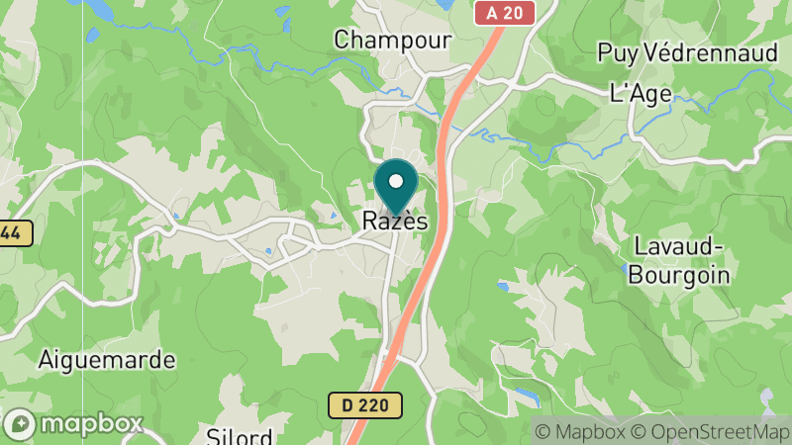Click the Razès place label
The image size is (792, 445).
pyautogui.click(x=395, y=222)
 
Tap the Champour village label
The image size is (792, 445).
pyautogui.click(x=392, y=41)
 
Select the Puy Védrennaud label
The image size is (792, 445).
pyautogui.click(x=688, y=53)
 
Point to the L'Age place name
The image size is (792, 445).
pyautogui.click(x=641, y=94)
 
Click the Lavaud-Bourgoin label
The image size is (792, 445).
pyautogui.click(x=679, y=261)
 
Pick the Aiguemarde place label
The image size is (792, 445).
pyautogui.click(x=106, y=360)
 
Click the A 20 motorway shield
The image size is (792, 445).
pyautogui.click(x=503, y=13)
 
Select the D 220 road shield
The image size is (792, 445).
pyautogui.click(x=365, y=404)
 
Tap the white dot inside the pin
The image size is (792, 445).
pyautogui.click(x=396, y=182)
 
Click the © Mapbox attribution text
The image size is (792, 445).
pyautogui.click(x=579, y=431)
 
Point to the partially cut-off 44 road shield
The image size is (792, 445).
pyautogui.click(x=15, y=233)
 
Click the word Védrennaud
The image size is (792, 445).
pyautogui.click(x=715, y=53)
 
